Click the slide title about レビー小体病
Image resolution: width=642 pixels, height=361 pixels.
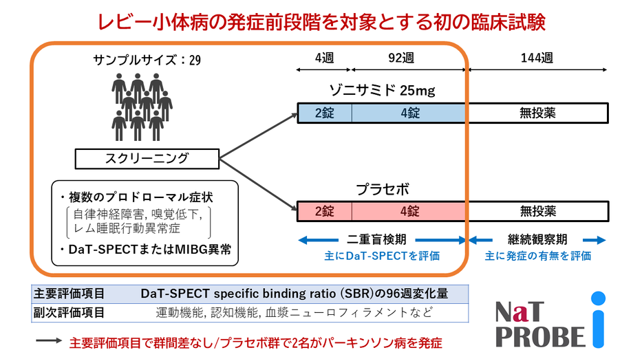click(x=321, y=21)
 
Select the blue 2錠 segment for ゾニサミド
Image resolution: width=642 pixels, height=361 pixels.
click(x=324, y=113)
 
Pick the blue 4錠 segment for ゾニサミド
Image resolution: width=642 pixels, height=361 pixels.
click(x=409, y=113)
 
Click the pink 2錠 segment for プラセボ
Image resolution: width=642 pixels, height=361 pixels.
click(x=324, y=210)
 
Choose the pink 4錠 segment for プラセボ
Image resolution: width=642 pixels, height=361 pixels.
click(x=409, y=210)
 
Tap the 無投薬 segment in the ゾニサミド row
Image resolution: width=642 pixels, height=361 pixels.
click(x=537, y=113)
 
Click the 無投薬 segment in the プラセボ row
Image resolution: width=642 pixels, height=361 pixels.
click(x=537, y=210)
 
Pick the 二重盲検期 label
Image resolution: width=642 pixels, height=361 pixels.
click(x=382, y=241)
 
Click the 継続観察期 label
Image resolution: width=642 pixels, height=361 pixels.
click(x=537, y=241)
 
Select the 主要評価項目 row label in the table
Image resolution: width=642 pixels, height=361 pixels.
click(x=69, y=294)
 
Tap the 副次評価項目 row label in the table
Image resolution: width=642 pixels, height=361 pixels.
click(x=69, y=313)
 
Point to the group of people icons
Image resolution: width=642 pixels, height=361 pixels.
click(x=141, y=107)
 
